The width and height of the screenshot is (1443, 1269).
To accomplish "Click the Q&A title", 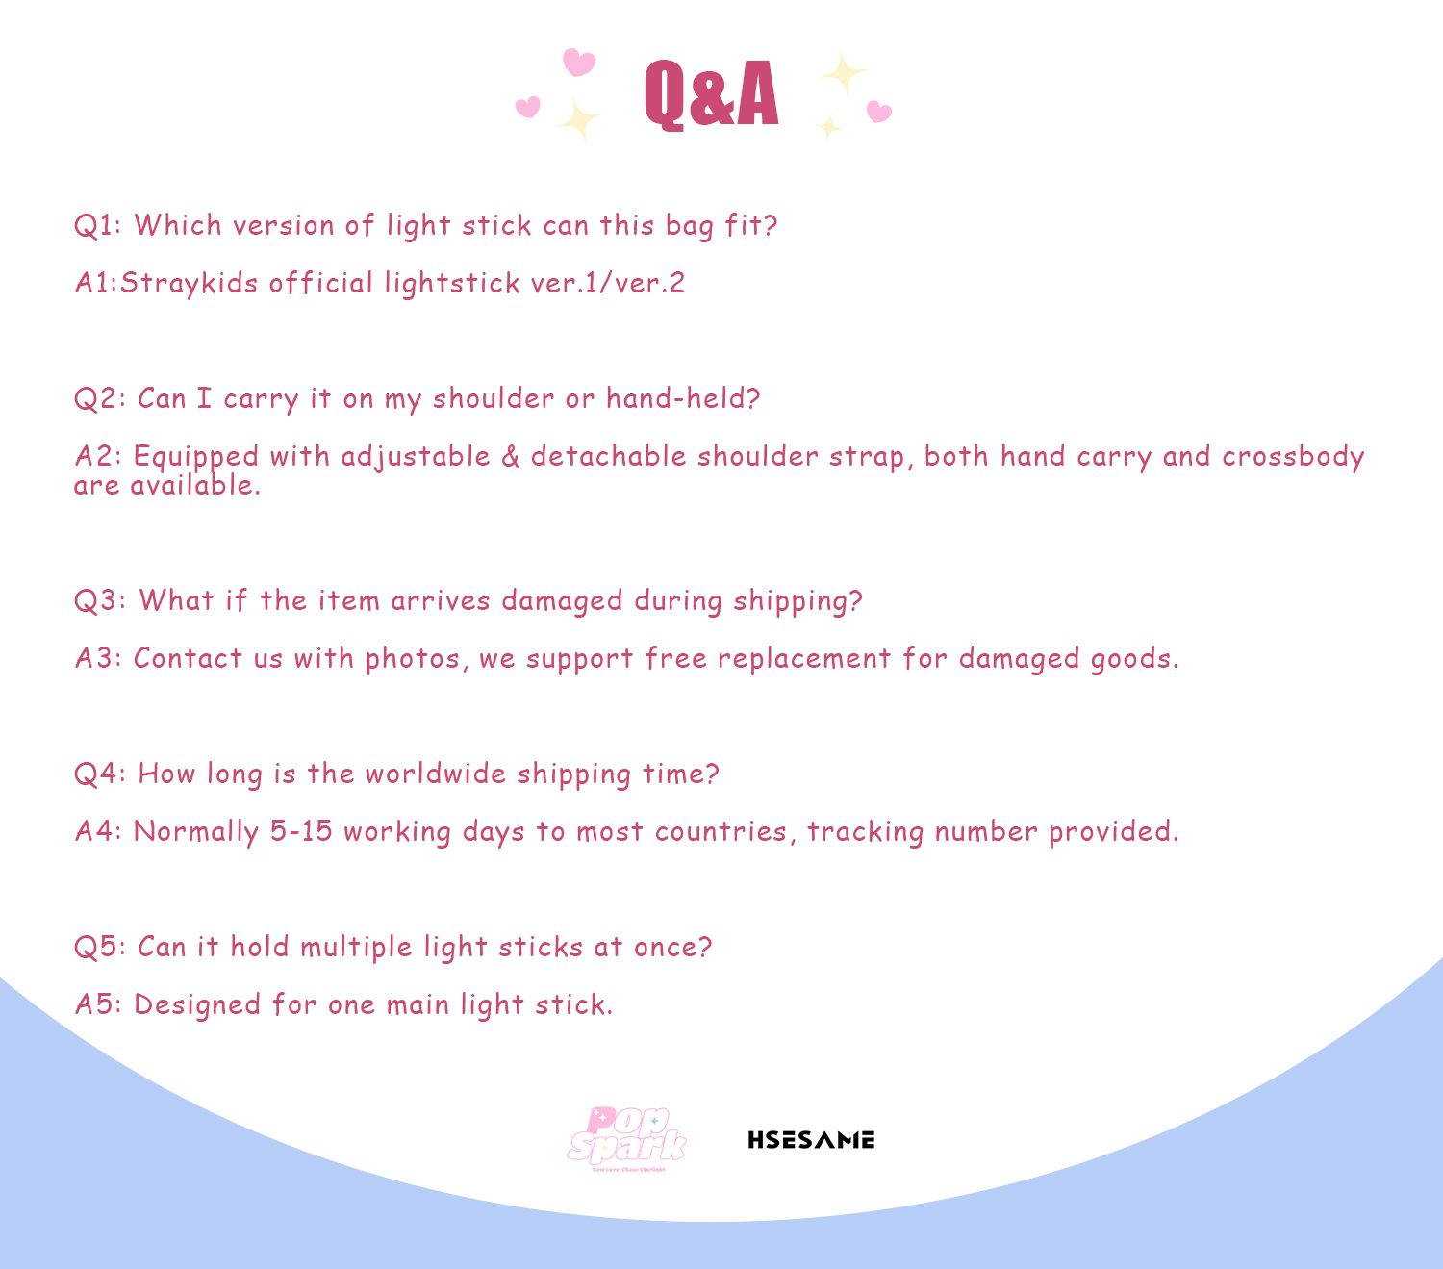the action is point(712,94).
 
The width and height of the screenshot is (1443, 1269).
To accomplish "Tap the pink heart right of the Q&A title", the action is point(878,112).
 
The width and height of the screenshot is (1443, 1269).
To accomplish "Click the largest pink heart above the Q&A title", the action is point(578,62).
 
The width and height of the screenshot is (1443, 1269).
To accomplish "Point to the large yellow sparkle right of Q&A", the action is point(844,73).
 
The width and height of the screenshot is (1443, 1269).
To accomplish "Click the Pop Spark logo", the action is point(627,1138).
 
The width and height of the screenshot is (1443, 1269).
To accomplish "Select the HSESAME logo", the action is point(811,1140).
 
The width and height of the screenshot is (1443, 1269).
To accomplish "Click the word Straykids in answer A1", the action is point(189,284).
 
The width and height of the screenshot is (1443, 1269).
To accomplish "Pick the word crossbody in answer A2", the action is point(1293,457).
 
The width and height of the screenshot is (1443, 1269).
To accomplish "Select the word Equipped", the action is point(196,457).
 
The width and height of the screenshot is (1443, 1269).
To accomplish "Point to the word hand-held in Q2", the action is point(683,398).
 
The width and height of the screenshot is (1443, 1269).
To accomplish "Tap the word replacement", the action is point(804,659).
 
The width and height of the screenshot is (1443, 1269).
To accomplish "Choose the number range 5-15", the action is point(301,831).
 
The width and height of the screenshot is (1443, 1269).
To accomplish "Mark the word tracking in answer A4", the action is point(866,832).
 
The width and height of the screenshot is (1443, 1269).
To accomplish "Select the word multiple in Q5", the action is point(356,948).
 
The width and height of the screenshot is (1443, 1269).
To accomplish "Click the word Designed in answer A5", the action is point(196,1005).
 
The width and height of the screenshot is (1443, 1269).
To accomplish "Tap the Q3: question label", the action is point(100,600).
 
